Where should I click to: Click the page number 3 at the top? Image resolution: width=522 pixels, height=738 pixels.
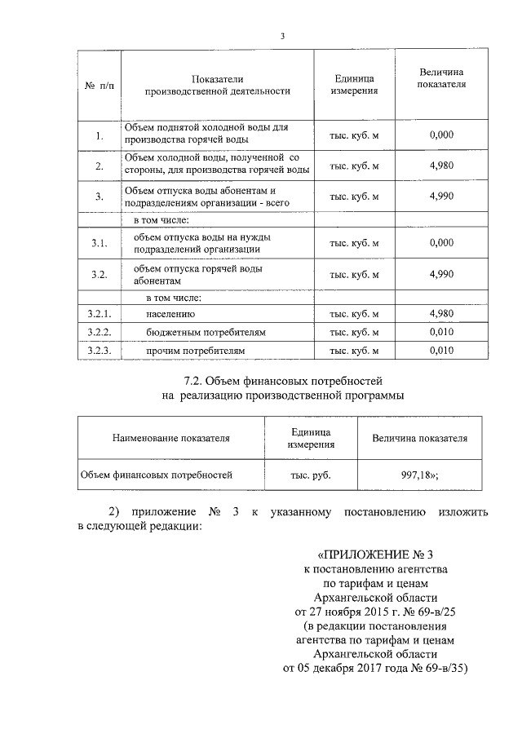click(282, 35)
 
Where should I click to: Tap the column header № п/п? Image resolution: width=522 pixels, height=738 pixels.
click(99, 86)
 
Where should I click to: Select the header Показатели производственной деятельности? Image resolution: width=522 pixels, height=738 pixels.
click(217, 86)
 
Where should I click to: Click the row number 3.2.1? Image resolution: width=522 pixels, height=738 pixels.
click(99, 313)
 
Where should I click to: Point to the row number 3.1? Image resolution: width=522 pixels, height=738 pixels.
click(99, 243)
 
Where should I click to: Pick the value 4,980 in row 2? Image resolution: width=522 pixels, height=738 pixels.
click(440, 166)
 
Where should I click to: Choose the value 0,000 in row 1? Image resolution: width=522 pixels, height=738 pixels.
click(440, 135)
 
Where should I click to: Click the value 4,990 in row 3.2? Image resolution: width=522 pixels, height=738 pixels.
click(440, 274)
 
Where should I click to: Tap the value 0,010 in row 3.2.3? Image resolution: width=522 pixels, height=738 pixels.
click(440, 351)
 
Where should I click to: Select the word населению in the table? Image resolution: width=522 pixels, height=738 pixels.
click(170, 313)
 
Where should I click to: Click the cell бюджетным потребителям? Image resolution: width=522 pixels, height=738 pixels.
click(195, 333)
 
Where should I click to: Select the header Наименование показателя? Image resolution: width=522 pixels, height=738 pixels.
click(171, 438)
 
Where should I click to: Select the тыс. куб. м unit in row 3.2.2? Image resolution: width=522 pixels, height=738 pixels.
click(354, 333)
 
